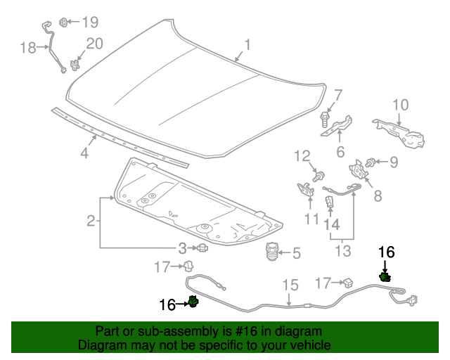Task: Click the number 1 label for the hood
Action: coord(247,46)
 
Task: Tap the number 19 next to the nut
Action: coord(91,22)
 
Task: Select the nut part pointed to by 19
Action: coord(63,21)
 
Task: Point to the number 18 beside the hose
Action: coord(27,48)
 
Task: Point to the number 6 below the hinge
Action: coord(340,152)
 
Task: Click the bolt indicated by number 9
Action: coord(373,162)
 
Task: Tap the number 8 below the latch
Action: coord(378,196)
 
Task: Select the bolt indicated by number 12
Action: coord(320,174)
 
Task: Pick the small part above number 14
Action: coord(329,202)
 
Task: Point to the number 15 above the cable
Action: coord(290,285)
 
